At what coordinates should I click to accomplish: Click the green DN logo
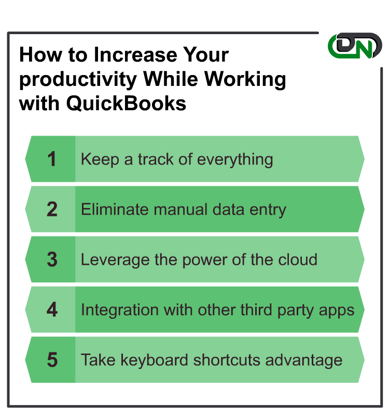355,46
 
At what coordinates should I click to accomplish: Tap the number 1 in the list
51,159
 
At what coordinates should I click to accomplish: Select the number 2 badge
52,209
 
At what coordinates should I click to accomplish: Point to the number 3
52,259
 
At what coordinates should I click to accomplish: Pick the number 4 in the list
52,309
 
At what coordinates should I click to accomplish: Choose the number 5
52,360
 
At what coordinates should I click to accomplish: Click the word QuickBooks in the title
126,103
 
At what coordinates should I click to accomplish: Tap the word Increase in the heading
135,55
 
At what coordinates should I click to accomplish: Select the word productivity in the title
78,79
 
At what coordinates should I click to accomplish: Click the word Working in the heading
245,79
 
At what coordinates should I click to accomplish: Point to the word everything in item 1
235,159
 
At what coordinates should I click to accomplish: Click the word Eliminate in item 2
115,210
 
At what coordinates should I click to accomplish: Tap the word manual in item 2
180,210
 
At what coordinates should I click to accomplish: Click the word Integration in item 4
120,310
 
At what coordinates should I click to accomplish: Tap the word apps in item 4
336,311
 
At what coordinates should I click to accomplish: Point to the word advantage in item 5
304,361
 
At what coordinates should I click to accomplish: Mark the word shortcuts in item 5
227,360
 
